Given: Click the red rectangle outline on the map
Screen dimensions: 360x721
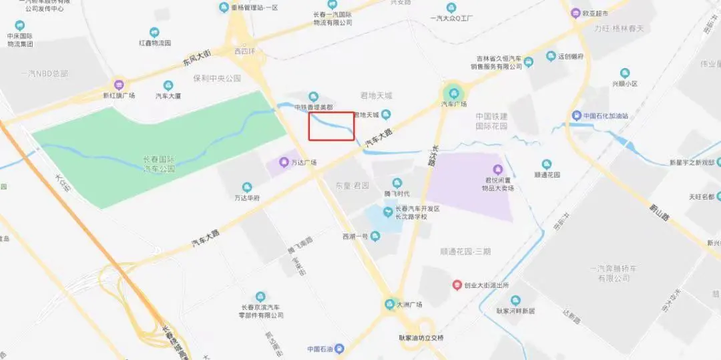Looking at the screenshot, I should [x=331, y=126].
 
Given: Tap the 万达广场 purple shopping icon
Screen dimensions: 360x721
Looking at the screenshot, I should [x=284, y=162].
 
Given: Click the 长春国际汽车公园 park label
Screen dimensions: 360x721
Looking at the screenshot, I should [x=159, y=164].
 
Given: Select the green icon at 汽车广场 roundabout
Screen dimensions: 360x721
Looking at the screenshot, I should [x=454, y=93].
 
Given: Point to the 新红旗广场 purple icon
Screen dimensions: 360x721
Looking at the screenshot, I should [x=119, y=85].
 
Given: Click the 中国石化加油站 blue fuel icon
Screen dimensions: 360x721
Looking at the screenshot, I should [x=576, y=115].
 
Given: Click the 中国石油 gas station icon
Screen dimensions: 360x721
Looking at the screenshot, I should [x=340, y=349].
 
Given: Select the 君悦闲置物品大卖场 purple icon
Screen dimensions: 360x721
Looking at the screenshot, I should [x=497, y=169].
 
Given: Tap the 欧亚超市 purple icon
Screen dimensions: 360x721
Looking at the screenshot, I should [x=575, y=13].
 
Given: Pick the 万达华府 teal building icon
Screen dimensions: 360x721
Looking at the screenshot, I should [x=247, y=187].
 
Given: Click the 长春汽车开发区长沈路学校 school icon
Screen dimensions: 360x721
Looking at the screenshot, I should [x=387, y=212].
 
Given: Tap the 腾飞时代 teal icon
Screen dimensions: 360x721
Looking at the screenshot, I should [x=397, y=182].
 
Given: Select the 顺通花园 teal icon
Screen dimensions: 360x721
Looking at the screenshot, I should [x=547, y=164].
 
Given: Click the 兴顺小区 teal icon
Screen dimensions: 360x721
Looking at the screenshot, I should [x=625, y=73].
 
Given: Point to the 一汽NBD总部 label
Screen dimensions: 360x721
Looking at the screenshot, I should [x=45, y=73].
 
